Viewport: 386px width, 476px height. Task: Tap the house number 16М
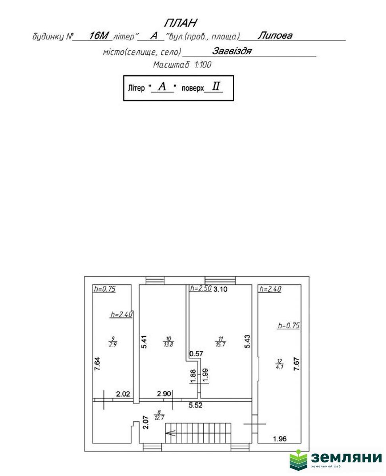pos(98,36)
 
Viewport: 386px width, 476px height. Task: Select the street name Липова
pos(275,36)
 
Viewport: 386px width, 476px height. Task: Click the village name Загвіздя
pos(232,51)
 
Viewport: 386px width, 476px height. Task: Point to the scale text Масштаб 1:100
pos(182,65)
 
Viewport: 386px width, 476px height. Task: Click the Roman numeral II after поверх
pos(216,87)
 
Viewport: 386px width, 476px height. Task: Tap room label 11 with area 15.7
pos(220,342)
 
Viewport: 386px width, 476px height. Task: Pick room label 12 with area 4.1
pos(280,364)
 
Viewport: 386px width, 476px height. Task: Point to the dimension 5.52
pos(195,406)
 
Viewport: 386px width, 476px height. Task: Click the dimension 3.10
pos(220,290)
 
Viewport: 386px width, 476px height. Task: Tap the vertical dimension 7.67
pos(296,364)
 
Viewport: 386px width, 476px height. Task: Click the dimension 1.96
pos(280,439)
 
